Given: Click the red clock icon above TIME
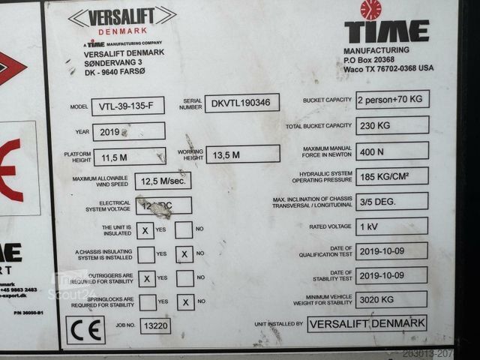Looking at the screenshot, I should pyautogui.click(x=370, y=10).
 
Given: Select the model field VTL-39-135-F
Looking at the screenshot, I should pyautogui.click(x=127, y=106).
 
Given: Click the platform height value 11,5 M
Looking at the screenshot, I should pyautogui.click(x=128, y=157).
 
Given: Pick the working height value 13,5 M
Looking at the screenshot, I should pyautogui.click(x=242, y=154).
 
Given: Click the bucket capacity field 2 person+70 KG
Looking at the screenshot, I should pyautogui.click(x=392, y=99).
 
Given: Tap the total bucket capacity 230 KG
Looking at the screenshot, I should pyautogui.click(x=392, y=125).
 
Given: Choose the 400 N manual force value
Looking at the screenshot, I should pyautogui.click(x=392, y=151).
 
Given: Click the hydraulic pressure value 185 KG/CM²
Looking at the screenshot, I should pyautogui.click(x=392, y=176).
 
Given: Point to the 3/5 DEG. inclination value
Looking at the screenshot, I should pyautogui.click(x=392, y=201).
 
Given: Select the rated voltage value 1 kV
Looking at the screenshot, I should pyautogui.click(x=392, y=226).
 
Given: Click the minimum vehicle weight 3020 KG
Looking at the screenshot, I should pyautogui.click(x=391, y=299).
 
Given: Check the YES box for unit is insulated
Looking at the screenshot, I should pyautogui.click(x=147, y=230).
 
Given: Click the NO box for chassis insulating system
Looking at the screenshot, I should pyautogui.click(x=184, y=254).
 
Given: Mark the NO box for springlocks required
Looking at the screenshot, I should pyautogui.click(x=185, y=302).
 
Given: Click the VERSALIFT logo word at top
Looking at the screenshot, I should pyautogui.click(x=121, y=16).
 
